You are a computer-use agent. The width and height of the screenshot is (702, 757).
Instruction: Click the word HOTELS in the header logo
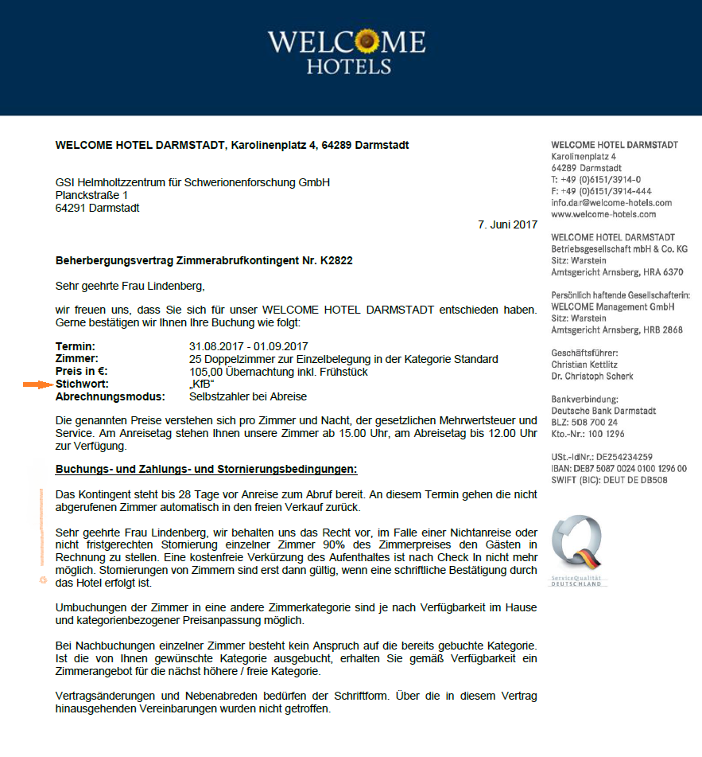click(349, 65)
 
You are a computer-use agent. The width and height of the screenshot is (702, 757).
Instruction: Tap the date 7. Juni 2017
click(507, 225)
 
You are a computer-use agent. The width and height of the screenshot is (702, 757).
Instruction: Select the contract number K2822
click(336, 260)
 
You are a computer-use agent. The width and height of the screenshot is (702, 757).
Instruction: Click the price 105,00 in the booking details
click(204, 372)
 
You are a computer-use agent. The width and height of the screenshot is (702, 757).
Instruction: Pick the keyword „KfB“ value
click(202, 384)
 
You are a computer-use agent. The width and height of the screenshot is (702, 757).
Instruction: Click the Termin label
click(76, 346)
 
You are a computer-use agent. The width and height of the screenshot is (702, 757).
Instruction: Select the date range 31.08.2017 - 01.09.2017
click(248, 346)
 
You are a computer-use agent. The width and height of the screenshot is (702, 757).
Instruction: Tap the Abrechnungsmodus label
click(111, 396)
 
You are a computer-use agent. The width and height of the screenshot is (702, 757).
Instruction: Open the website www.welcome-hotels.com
click(603, 214)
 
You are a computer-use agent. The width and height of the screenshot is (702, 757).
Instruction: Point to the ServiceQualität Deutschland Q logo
click(578, 548)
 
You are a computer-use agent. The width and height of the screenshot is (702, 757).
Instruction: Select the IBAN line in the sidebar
click(619, 469)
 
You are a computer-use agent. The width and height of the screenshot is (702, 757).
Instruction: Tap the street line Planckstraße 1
click(91, 195)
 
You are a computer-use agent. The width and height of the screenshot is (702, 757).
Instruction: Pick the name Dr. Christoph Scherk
click(591, 376)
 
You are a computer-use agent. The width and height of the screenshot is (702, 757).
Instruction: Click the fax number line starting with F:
click(601, 191)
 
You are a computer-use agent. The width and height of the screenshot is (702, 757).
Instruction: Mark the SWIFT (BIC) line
click(608, 480)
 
